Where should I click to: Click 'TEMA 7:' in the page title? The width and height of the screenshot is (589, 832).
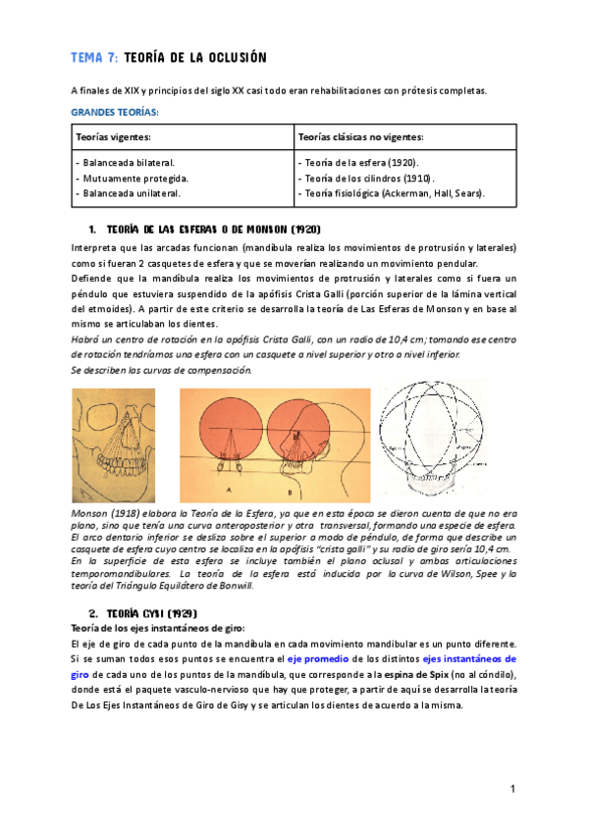[93, 58]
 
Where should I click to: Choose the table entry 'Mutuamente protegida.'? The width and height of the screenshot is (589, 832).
[132, 178]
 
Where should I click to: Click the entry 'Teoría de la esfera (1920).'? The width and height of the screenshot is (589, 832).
[357, 162]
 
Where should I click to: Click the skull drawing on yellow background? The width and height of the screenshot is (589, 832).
[114, 446]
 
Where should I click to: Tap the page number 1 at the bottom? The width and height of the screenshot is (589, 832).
[512, 789]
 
